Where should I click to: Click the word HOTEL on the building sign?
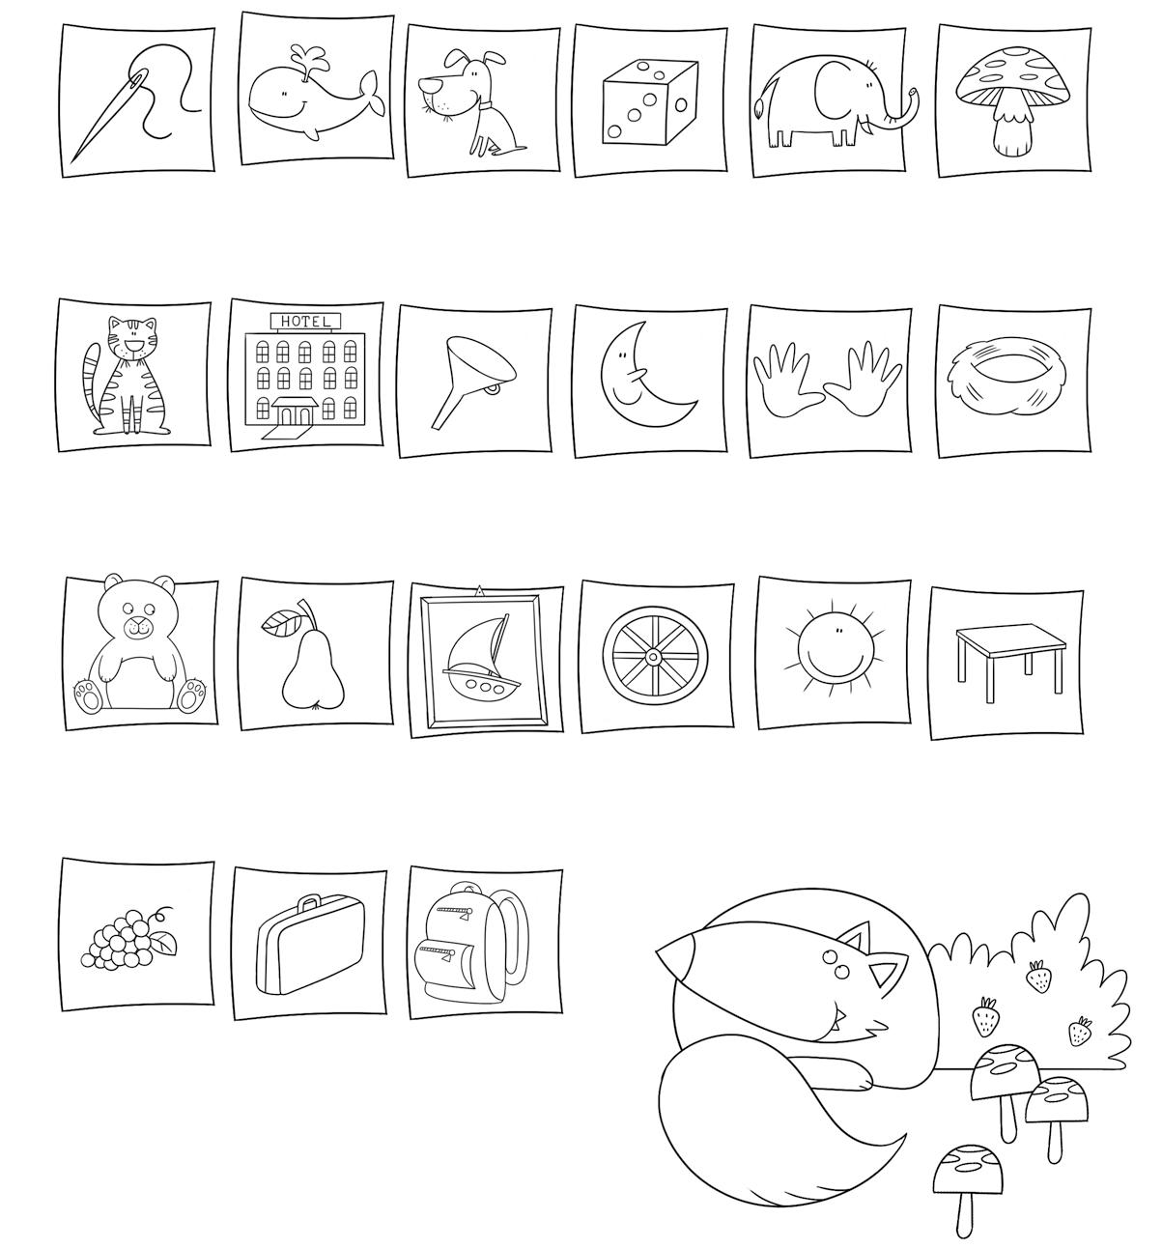(x=305, y=322)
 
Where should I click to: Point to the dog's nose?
(x=426, y=84)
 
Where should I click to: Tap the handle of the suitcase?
(x=308, y=902)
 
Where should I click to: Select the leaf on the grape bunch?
(x=163, y=942)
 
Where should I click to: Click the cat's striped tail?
(x=92, y=383)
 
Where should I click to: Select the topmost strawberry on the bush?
(x=1039, y=977)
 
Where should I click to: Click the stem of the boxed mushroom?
(x=1012, y=128)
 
